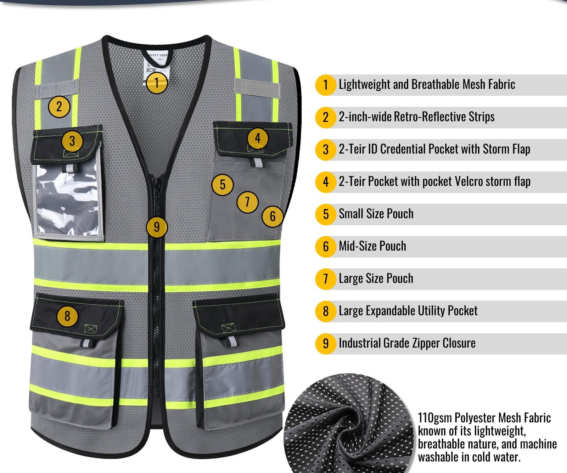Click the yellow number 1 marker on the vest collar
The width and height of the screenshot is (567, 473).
point(157,83)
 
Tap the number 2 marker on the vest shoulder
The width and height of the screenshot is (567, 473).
point(59,106)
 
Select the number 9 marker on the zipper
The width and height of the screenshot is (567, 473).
point(157,227)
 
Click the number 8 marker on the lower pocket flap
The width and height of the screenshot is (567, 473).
point(67,315)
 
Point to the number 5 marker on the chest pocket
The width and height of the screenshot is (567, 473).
point(223,184)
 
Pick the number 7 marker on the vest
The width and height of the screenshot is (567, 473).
point(247,202)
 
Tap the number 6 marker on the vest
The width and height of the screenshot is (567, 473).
point(272,216)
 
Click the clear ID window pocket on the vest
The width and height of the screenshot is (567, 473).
point(68,200)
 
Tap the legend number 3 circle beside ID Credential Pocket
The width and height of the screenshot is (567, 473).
point(326,150)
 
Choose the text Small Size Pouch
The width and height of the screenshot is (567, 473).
point(376,214)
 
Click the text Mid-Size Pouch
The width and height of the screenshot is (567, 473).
point(372,246)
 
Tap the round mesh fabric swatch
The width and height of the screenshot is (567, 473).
point(349,423)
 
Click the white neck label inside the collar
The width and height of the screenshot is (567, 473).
point(158,64)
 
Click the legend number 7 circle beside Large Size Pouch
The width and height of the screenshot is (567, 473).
point(326,279)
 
